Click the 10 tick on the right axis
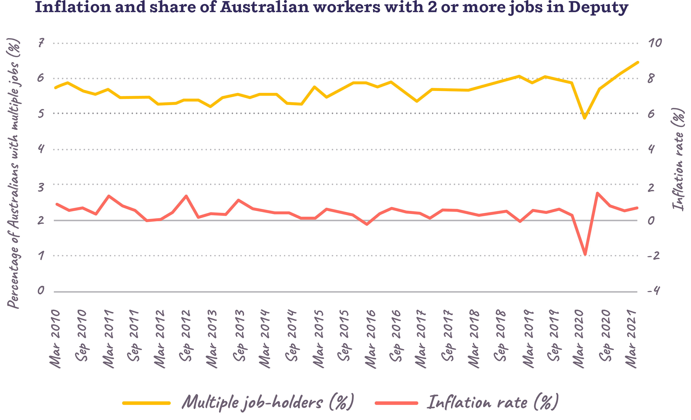coord(655,43)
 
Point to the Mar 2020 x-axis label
coord(578,338)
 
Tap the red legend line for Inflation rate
coord(396,403)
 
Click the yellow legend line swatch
coord(146,403)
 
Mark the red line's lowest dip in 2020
coord(585,254)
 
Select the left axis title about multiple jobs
coord(13,173)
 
